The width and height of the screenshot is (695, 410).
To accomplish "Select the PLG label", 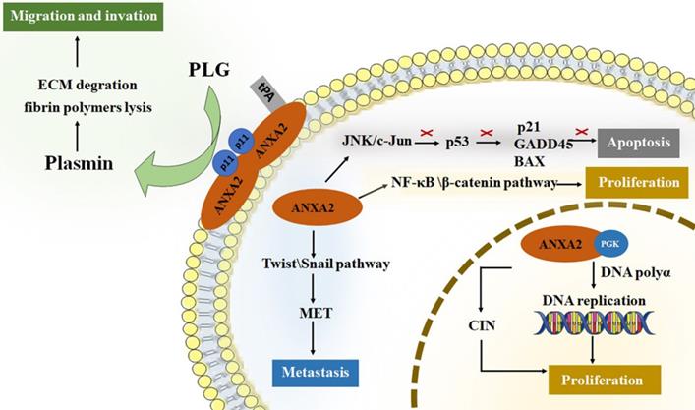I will [x=209, y=72].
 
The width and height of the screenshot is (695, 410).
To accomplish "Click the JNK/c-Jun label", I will [x=372, y=141].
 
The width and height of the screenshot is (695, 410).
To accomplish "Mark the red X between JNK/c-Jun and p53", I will [x=427, y=132].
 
